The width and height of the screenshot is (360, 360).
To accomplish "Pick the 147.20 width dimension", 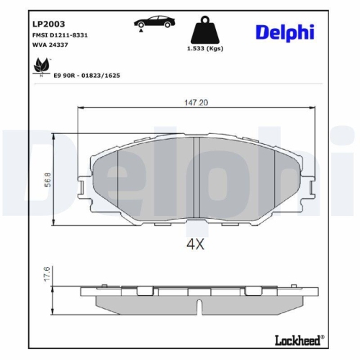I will pos(196,103).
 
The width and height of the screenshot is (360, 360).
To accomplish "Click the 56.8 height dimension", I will pos(46,179).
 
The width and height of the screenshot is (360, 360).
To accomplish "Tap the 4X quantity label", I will pos(196,244).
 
